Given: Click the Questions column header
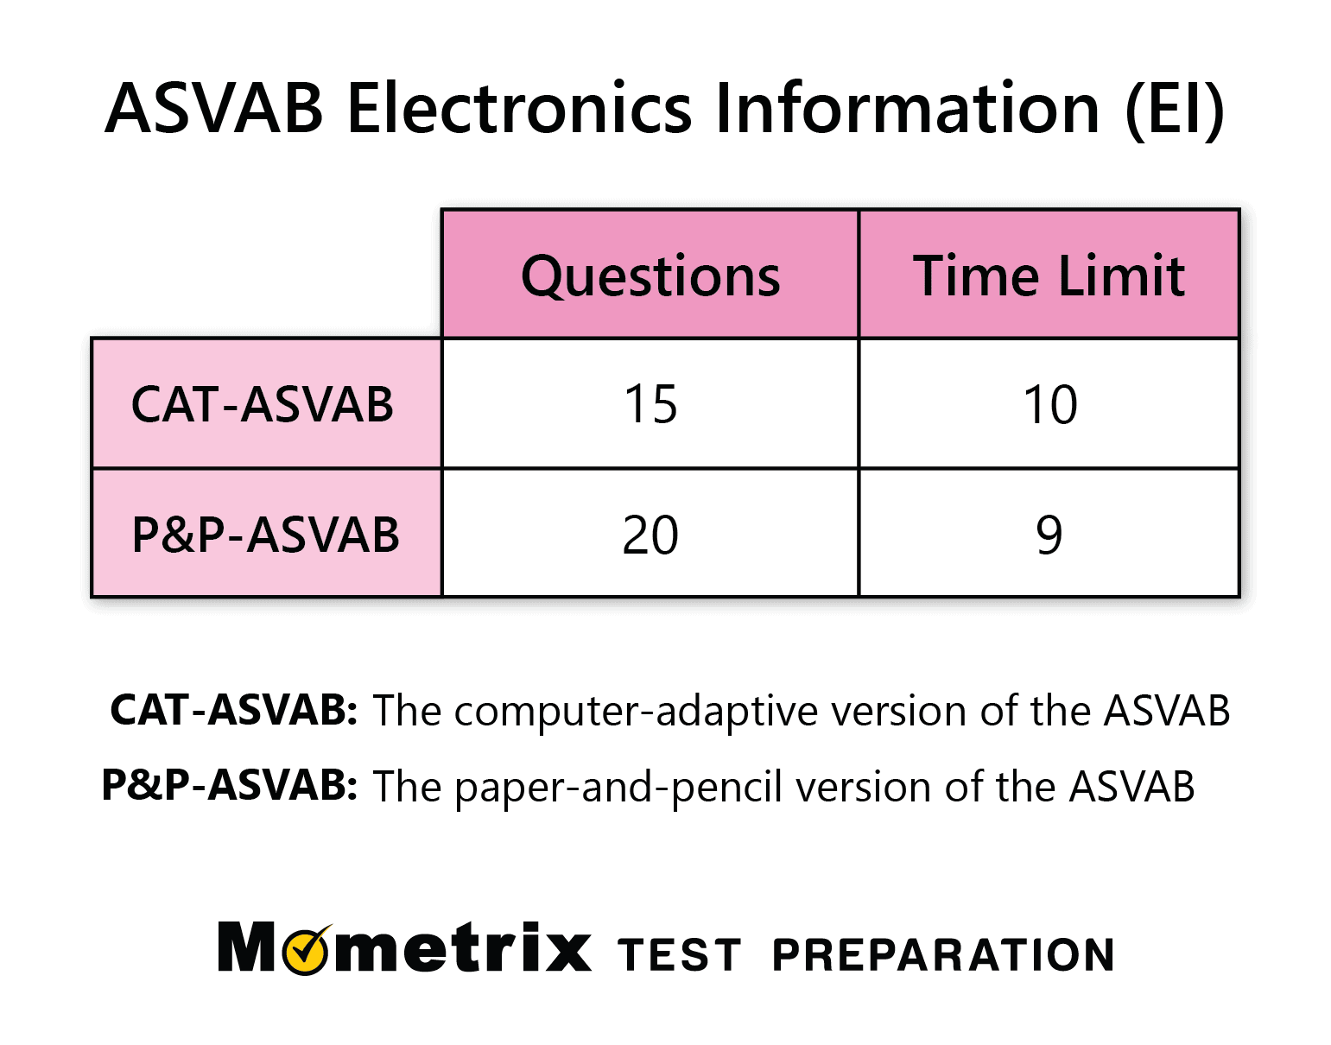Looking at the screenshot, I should pyautogui.click(x=650, y=275).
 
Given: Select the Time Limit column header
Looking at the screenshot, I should pyautogui.click(x=1049, y=275).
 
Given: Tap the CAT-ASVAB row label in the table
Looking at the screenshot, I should pyautogui.click(x=263, y=404).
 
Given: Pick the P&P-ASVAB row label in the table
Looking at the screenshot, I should pyautogui.click(x=265, y=535).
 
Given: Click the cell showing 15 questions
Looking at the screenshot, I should pyautogui.click(x=650, y=404).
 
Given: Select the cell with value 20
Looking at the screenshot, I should pyautogui.click(x=650, y=535).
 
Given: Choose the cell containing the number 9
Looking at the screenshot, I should pyautogui.click(x=1049, y=535).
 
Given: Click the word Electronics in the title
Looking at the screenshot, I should pyautogui.click(x=519, y=109).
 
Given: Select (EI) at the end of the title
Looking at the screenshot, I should pyautogui.click(x=1175, y=109).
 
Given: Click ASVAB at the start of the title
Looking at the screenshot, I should pyautogui.click(x=214, y=109).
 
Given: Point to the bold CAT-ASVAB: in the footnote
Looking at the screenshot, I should pyautogui.click(x=233, y=710).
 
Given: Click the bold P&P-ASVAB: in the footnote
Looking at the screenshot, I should pyautogui.click(x=230, y=785).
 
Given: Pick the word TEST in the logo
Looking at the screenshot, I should pyautogui.click(x=680, y=955).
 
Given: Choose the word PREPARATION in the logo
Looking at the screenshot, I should pyautogui.click(x=943, y=955).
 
